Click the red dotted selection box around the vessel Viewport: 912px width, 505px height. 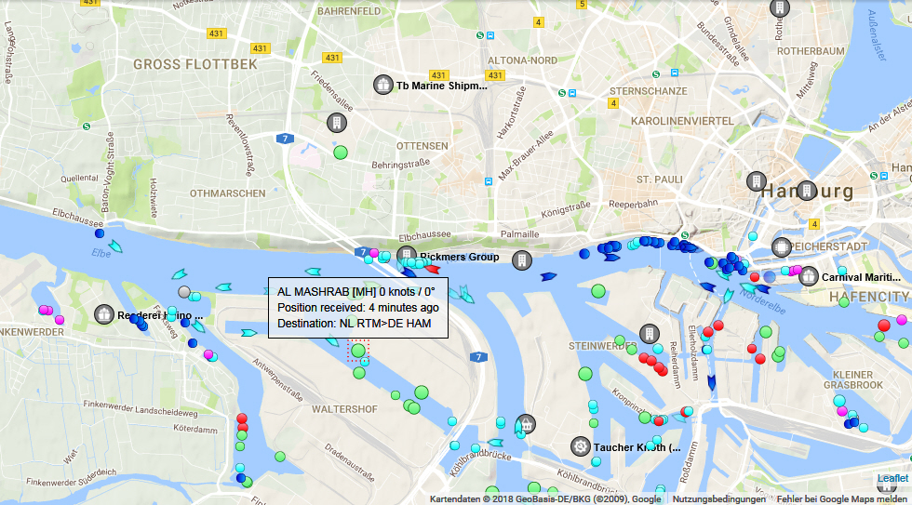click(358, 352)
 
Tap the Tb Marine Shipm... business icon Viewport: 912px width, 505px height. click(382, 85)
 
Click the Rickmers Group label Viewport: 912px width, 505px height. click(459, 257)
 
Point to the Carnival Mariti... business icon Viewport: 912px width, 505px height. click(808, 276)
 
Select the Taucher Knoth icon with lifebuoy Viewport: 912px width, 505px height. click(581, 446)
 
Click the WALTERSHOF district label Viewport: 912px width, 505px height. click(344, 409)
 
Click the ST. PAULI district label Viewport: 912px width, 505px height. click(660, 179)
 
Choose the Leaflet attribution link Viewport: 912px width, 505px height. click(892, 478)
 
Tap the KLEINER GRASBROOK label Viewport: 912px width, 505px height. click(852, 379)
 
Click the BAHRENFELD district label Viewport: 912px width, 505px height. click(349, 12)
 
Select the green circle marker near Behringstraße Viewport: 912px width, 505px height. click(340, 152)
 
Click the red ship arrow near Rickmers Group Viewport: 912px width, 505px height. click(433, 270)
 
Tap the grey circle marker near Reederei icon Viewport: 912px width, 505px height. click(183, 292)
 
